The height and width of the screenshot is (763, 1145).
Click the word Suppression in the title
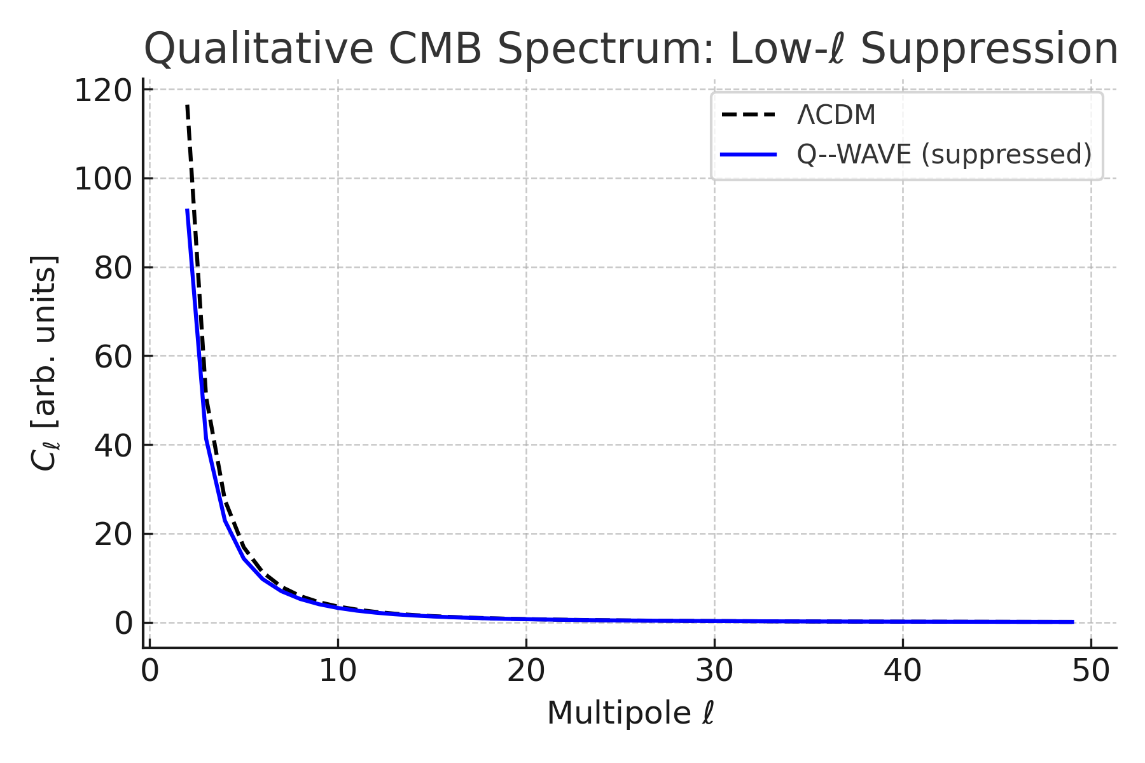989,50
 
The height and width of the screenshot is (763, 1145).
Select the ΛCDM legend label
836,116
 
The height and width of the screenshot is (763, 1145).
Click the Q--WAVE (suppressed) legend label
944,155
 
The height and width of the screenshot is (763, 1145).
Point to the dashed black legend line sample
749,116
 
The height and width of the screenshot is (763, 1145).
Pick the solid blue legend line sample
749,155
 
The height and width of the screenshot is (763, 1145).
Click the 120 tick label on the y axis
103,90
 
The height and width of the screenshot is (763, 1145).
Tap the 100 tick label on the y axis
103,179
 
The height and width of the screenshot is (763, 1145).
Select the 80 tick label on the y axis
113,268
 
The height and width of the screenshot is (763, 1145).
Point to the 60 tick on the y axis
113,357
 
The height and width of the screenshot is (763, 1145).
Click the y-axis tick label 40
113,446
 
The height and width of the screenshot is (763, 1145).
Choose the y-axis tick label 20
113,535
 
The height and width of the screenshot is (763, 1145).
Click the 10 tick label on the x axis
337,671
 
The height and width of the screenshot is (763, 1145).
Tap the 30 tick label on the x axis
714,671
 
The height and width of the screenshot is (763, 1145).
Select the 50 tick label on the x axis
1091,671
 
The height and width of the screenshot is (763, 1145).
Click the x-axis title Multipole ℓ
630,713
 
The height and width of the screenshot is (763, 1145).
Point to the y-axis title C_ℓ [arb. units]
45,363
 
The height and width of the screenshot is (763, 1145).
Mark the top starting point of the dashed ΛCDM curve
187,106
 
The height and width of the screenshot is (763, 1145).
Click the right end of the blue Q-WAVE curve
1072,622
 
